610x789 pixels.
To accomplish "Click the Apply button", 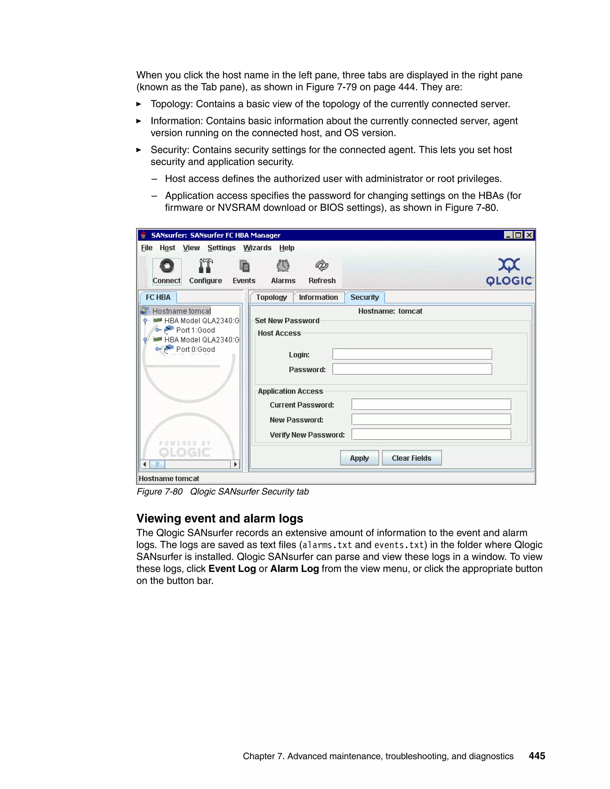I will [359, 458].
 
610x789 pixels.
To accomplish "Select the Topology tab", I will [271, 297].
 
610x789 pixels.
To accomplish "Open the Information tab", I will [318, 297].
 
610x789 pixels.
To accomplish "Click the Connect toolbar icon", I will [166, 271].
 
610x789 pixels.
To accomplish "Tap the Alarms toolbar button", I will [283, 271].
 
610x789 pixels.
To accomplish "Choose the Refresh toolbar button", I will [322, 271].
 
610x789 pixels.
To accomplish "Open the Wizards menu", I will [257, 248].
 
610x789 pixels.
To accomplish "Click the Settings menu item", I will [221, 248].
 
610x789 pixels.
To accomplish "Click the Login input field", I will [412, 354].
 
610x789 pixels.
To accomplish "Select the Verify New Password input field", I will [431, 434].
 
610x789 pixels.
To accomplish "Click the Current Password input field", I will [431, 404].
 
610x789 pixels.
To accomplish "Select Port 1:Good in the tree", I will [195, 330].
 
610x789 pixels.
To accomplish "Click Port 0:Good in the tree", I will [195, 349].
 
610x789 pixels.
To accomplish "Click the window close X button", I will [529, 235].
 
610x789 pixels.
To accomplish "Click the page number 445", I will [537, 756].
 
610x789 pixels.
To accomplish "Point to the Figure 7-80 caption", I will [222, 492].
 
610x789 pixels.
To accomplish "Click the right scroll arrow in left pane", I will [236, 464].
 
